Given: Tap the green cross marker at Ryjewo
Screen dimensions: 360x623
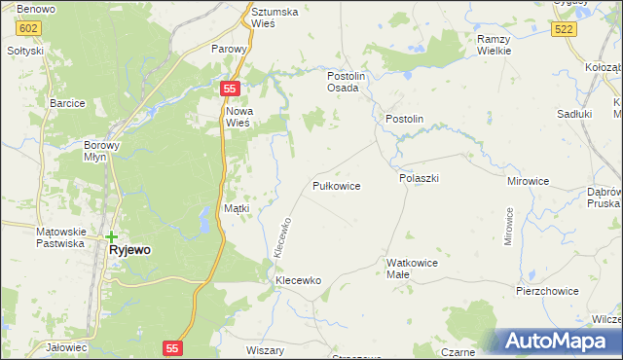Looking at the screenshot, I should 112,236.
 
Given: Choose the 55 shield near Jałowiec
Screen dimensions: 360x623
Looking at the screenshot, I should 172,347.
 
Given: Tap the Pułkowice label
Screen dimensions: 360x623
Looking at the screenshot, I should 337,185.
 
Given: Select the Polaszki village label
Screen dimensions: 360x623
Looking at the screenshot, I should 420,179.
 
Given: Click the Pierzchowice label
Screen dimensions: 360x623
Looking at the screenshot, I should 547,291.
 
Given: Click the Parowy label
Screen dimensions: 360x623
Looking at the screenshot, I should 231,48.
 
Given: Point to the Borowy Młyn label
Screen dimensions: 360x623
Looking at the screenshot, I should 101,150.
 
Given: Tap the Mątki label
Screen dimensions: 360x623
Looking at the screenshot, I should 238,208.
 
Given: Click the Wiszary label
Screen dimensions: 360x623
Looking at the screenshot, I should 265,350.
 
